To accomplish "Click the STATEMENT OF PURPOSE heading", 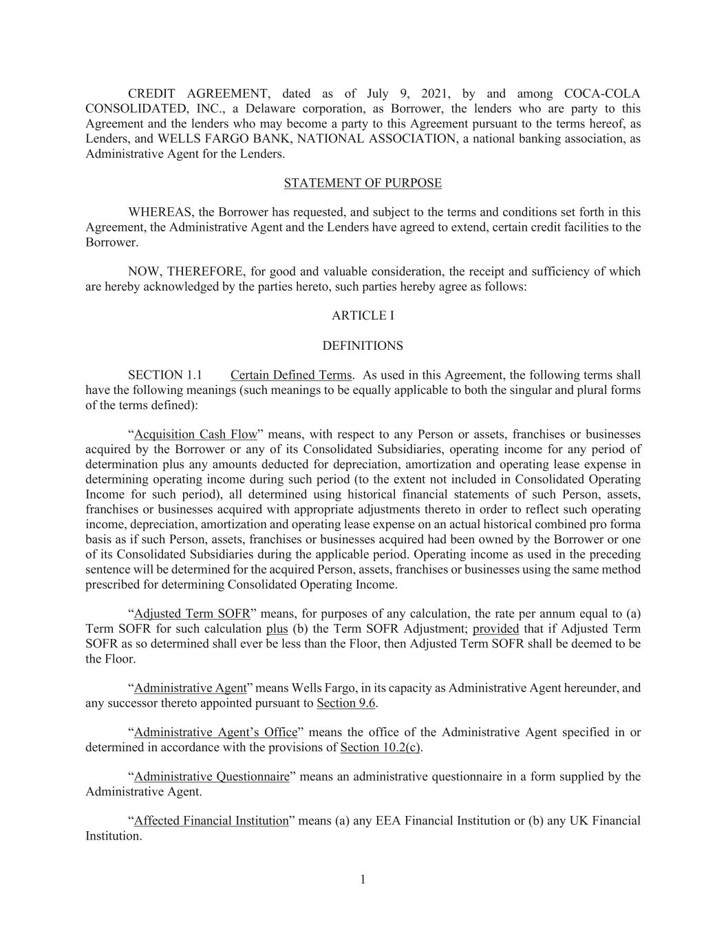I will coord(363,183).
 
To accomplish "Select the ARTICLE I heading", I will coord(363,315).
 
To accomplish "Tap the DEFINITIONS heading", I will coord(363,346).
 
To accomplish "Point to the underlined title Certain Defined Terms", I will coord(291,375).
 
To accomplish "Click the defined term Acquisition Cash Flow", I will coord(195,435).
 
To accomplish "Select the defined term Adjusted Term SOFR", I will coord(192,614).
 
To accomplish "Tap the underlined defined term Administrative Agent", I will coord(190,688).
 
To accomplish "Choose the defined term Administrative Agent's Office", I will coord(215,732).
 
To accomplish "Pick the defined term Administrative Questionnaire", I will coord(211,777).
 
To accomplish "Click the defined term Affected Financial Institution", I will coord(211,821).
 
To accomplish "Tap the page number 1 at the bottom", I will coord(363,879).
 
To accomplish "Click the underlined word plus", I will coord(277,629).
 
